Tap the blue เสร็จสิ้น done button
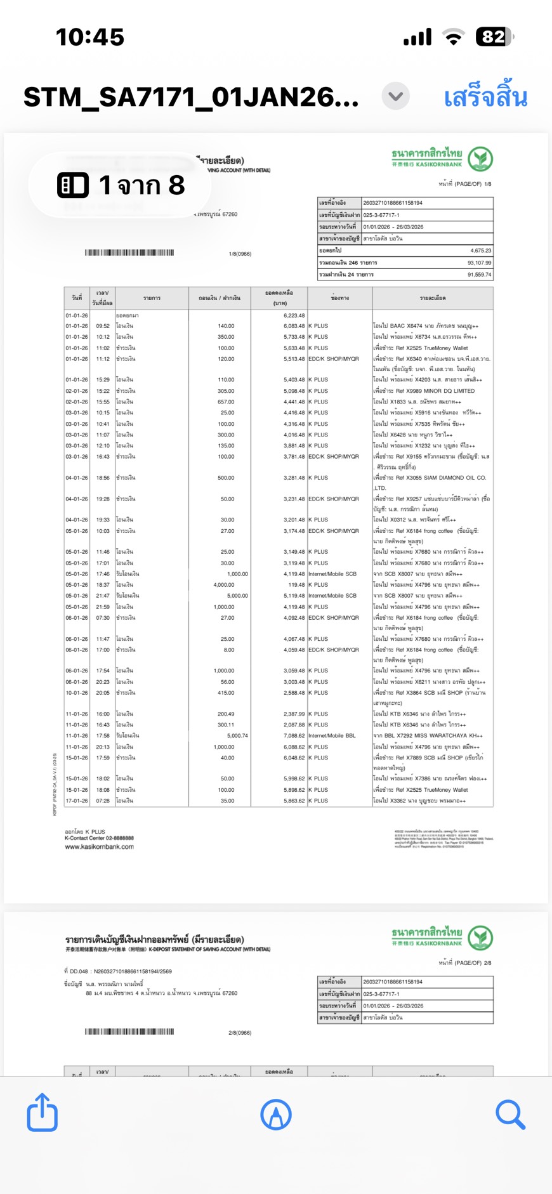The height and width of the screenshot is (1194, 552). (x=485, y=97)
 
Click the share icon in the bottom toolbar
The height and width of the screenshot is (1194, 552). (x=43, y=1112)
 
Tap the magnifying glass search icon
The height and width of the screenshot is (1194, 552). (x=510, y=1114)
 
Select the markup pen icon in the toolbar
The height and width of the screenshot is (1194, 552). (x=276, y=1114)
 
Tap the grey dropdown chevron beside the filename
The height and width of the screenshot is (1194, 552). (x=396, y=96)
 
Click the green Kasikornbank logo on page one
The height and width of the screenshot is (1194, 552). (x=480, y=159)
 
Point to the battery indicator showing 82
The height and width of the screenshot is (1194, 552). (x=495, y=37)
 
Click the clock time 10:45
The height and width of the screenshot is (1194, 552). (x=90, y=37)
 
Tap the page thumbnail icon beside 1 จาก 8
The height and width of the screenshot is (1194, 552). (x=73, y=185)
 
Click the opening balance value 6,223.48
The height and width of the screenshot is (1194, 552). (x=294, y=315)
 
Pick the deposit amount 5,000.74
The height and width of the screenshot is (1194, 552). (x=237, y=736)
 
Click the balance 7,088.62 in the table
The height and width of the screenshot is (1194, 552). (x=294, y=736)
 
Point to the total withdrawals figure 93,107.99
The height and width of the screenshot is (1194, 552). (x=479, y=263)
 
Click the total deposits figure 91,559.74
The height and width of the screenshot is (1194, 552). (x=479, y=275)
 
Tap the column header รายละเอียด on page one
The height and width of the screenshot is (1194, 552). (x=432, y=298)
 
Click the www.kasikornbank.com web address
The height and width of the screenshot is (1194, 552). (x=99, y=846)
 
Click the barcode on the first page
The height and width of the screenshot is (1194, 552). (x=129, y=253)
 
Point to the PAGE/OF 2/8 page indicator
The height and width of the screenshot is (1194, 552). (x=464, y=962)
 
